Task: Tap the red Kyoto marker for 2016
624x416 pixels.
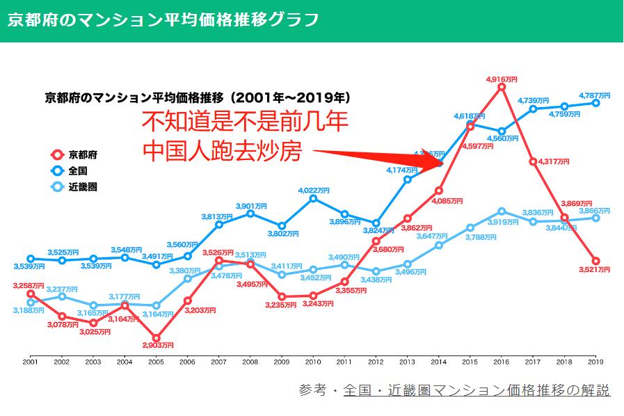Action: coord(502,88)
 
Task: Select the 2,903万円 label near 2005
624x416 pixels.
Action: coord(157,344)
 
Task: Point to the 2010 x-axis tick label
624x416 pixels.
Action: coord(313,362)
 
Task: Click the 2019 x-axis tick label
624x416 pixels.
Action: coord(595,362)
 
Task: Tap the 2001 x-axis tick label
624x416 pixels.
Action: coord(30,362)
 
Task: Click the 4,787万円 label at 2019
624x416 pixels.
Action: coord(595,95)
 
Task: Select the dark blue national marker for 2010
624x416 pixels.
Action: coord(313,198)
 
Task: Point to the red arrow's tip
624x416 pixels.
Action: coord(442,164)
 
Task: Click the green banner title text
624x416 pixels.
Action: coord(163,19)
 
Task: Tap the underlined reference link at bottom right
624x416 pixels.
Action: coord(477,390)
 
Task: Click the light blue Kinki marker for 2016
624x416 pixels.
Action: coord(502,211)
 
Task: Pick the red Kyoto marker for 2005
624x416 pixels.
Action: coord(157,336)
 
